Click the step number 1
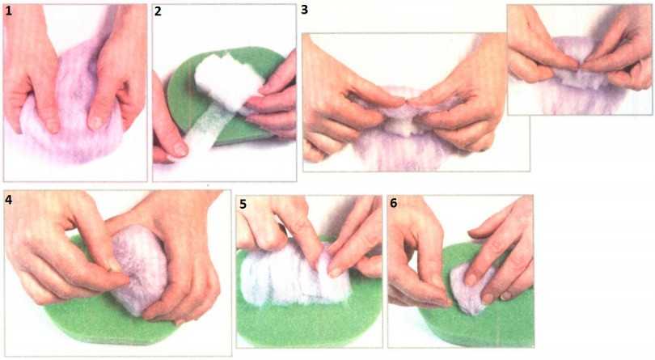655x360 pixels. (x=9, y=11)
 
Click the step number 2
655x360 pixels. (x=158, y=11)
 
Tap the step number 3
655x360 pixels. (x=305, y=10)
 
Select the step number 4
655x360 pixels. (x=8, y=200)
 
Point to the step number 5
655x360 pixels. (x=243, y=204)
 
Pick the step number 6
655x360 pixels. (x=394, y=203)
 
